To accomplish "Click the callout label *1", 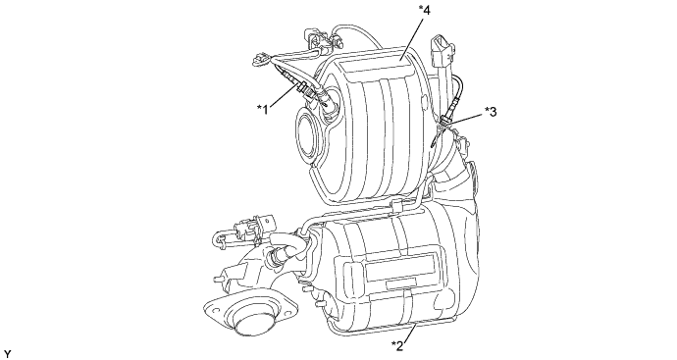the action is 263,110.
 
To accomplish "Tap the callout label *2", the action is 397,345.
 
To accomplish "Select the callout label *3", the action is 491,112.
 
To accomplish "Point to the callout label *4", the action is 425,11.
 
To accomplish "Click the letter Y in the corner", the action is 7,354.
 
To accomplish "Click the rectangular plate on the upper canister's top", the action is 375,66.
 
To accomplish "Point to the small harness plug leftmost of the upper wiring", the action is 261,59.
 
